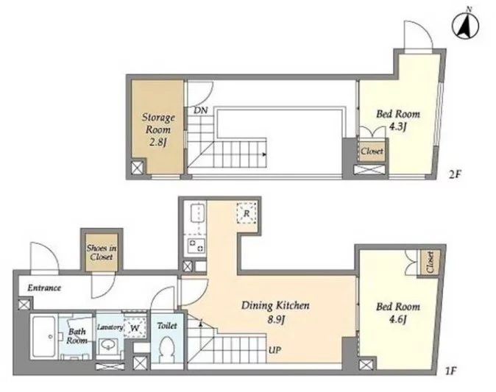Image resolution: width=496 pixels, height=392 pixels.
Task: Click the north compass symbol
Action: point(465,25)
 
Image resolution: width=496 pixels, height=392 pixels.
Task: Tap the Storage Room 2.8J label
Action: point(157,129)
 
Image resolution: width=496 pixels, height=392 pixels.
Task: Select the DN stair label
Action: point(201,110)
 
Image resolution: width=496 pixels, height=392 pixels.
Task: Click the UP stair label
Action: point(274,350)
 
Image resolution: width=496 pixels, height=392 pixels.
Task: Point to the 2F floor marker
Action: point(456,174)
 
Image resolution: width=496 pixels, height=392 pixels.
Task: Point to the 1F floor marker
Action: point(451,371)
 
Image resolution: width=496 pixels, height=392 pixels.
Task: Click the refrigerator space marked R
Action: point(247,213)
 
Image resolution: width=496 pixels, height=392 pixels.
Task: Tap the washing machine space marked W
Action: point(135,328)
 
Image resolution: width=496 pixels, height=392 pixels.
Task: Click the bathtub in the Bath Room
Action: point(44,337)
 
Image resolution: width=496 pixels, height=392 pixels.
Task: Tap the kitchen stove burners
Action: point(196,246)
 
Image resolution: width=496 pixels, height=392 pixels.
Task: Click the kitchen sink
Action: point(198,213)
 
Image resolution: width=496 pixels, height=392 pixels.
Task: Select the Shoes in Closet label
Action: point(102,252)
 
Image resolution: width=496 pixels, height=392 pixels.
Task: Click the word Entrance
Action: point(44,288)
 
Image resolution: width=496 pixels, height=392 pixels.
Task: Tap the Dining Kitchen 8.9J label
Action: point(275,312)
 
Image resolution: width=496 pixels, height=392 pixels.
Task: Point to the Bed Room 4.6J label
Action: point(398,313)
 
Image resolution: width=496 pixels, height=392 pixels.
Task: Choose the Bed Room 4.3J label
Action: point(398,120)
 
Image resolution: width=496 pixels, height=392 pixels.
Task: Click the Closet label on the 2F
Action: point(372,151)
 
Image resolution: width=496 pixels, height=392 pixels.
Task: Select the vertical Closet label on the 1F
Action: point(430,262)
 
